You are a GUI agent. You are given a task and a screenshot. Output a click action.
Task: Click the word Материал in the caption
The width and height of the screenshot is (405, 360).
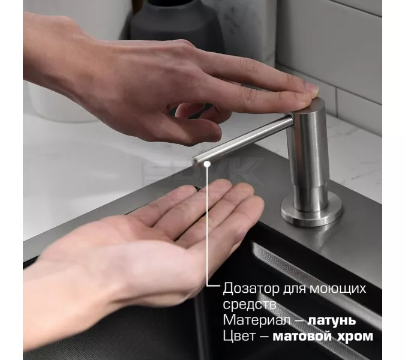click(251, 320)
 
